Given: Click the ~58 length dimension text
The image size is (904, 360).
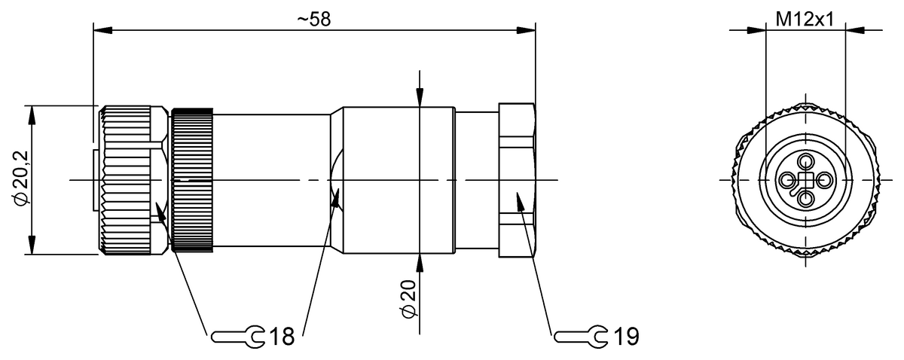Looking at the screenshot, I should click(x=313, y=20).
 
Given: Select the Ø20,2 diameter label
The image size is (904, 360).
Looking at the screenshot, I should click(x=23, y=178).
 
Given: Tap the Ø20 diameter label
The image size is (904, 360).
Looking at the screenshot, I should click(x=408, y=299).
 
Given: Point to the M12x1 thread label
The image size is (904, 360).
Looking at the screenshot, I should click(x=805, y=20).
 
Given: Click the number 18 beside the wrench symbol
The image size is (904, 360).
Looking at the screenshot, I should click(x=280, y=336).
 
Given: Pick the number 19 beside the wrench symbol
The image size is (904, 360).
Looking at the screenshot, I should click(x=623, y=335).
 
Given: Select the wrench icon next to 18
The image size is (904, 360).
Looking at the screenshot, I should click(x=237, y=336).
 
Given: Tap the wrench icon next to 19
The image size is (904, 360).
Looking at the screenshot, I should click(x=579, y=335).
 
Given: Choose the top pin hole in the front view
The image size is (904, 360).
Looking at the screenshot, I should click(x=806, y=160).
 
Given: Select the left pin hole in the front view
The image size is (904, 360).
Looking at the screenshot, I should click(x=787, y=180).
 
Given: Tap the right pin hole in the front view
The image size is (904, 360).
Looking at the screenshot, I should click(x=825, y=180).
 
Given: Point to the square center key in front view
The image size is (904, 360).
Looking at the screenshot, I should click(x=806, y=180).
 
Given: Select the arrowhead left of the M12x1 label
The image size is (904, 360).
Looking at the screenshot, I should click(x=756, y=31).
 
